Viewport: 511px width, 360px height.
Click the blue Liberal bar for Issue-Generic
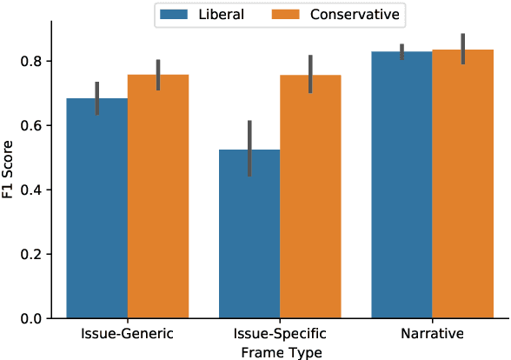[x=97, y=209]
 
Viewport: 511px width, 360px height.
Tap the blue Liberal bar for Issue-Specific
[x=249, y=234]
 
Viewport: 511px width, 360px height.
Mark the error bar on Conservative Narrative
[x=462, y=49]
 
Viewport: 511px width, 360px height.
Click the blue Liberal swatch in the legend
[x=176, y=14]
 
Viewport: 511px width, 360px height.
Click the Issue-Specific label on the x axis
[x=280, y=334]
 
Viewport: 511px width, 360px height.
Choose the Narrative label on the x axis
[x=432, y=334]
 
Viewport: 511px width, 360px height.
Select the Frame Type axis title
[x=280, y=351]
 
